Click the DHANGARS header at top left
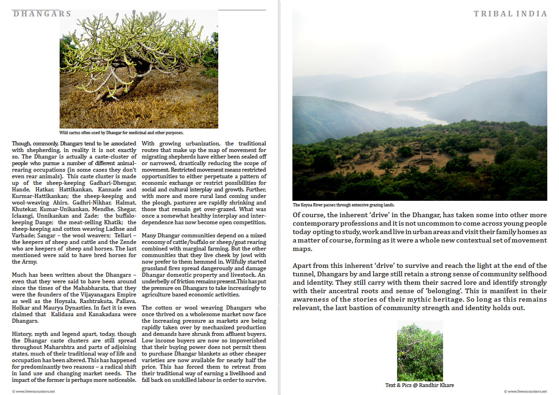[x=42, y=14]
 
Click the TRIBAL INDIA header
[x=510, y=14]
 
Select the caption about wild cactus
[x=121, y=133]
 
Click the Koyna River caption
[x=344, y=205]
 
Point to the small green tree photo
[x=420, y=351]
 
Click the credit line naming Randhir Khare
[x=420, y=385]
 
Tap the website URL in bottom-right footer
[x=525, y=391]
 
